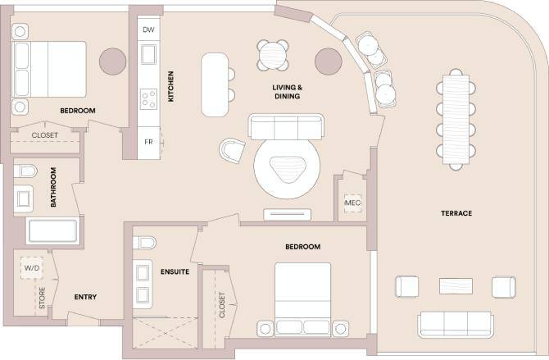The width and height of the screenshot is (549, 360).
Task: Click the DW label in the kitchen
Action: point(148,30)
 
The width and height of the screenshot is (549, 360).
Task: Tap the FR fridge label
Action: point(148,142)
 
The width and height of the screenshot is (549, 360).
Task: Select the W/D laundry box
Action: point(32,267)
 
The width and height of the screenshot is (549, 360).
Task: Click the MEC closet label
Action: point(352,203)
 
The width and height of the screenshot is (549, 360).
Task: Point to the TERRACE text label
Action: point(456,213)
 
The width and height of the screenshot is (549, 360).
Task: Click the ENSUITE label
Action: point(175,271)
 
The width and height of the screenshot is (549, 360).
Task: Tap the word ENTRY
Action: point(86,297)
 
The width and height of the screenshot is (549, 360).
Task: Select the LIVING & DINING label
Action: point(286,91)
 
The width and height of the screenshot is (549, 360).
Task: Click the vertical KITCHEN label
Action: point(171,86)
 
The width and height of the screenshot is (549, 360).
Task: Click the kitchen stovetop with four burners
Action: point(148,99)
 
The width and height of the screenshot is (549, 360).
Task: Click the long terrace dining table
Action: point(456,118)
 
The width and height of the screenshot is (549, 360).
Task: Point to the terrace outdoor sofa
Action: point(455,324)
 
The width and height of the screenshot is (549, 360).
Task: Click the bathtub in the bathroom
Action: point(52,231)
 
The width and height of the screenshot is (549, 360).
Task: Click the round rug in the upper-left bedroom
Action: point(111,61)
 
